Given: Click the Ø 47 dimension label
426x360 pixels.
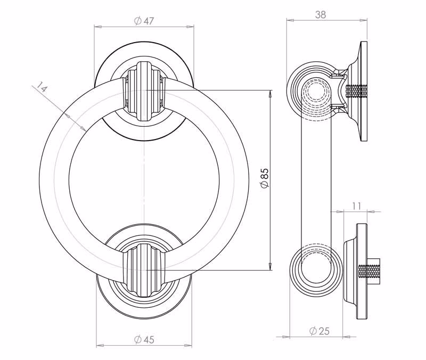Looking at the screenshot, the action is pyautogui.click(x=144, y=21).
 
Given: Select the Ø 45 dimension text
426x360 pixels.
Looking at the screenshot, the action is pyautogui.click(x=144, y=339).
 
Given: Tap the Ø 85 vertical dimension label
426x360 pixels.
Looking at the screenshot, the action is pyautogui.click(x=264, y=178).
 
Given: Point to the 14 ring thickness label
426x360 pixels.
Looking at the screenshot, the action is pyautogui.click(x=42, y=87).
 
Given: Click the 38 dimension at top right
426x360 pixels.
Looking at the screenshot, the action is pyautogui.click(x=321, y=14).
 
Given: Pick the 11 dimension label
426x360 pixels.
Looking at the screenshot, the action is pyautogui.click(x=356, y=206).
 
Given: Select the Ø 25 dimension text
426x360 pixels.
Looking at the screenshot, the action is pyautogui.click(x=319, y=331).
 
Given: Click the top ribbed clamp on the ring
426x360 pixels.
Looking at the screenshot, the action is pyautogui.click(x=144, y=91).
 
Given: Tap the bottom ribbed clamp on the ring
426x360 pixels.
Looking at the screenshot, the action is pyautogui.click(x=144, y=271).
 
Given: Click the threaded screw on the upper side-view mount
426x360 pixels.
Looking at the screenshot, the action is pyautogui.click(x=357, y=91).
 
